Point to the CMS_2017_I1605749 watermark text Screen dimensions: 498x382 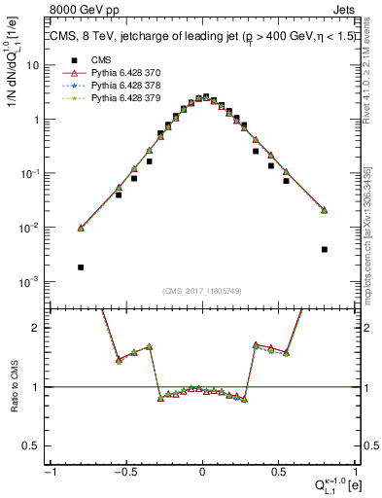(x=201, y=291)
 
